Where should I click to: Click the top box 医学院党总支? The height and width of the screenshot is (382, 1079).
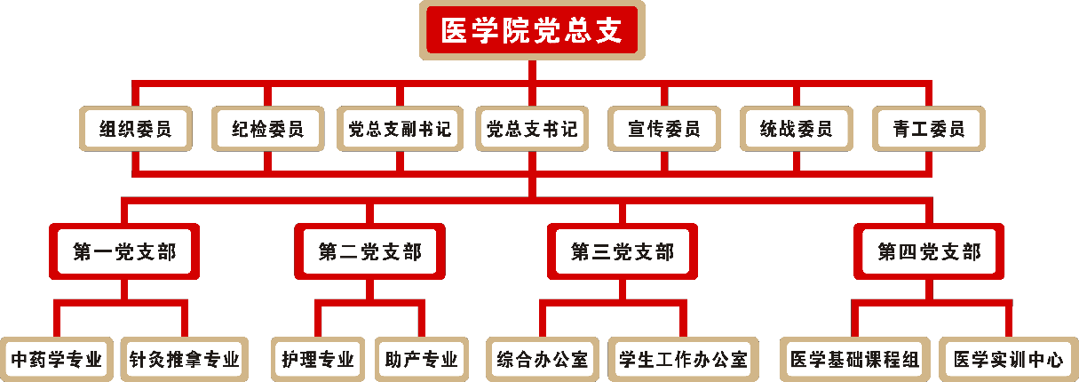pyautogui.click(x=532, y=31)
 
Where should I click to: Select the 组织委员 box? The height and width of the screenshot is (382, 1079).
pyautogui.click(x=136, y=130)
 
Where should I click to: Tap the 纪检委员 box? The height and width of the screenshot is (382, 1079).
pyautogui.click(x=267, y=130)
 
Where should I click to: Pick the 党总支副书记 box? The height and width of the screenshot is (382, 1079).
pyautogui.click(x=400, y=130)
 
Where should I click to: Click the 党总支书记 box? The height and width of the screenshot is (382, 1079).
pyautogui.click(x=532, y=130)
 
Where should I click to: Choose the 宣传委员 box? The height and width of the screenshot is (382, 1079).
pyautogui.click(x=663, y=130)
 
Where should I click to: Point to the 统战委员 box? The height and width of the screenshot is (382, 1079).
pyautogui.click(x=796, y=130)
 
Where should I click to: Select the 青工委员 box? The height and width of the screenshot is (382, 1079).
pyautogui.click(x=928, y=130)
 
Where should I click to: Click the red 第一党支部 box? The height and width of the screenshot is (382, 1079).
pyautogui.click(x=124, y=252)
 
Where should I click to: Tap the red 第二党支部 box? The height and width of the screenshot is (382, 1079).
pyautogui.click(x=369, y=252)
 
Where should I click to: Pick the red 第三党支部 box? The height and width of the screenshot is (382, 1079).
pyautogui.click(x=622, y=252)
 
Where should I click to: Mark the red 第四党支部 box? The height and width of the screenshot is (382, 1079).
pyautogui.click(x=929, y=252)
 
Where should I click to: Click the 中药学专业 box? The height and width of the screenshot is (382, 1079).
pyautogui.click(x=57, y=360)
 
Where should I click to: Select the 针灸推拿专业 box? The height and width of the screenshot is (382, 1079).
pyautogui.click(x=184, y=360)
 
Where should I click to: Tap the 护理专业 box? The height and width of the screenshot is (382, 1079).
pyautogui.click(x=318, y=360)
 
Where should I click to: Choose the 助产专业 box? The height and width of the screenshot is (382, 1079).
pyautogui.click(x=422, y=360)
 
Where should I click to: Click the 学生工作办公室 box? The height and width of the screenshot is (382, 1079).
pyautogui.click(x=683, y=360)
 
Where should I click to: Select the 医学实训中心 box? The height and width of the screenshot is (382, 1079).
pyautogui.click(x=1008, y=360)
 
